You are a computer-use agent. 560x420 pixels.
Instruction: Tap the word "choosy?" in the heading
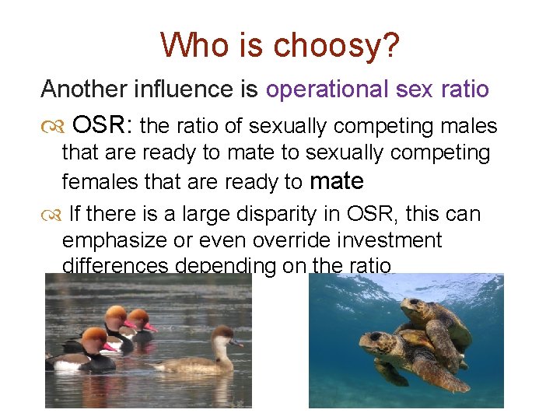click(337, 47)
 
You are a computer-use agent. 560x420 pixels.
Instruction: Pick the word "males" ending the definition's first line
click(469, 125)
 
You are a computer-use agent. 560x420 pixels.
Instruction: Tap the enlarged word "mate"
click(337, 181)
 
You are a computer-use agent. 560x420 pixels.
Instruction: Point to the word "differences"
click(115, 265)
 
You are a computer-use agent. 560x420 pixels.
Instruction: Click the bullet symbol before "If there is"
click(51, 215)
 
